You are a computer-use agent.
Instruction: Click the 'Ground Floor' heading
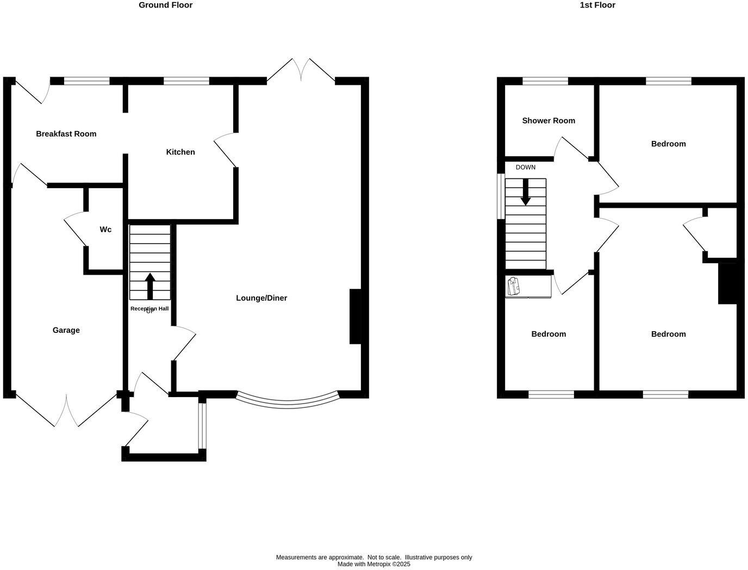(x=165, y=5)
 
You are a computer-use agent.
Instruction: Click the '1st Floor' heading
(x=597, y=5)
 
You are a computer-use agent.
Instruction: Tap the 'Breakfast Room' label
(x=66, y=134)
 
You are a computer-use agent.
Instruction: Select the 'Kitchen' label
(x=180, y=152)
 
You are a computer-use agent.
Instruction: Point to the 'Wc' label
(x=105, y=230)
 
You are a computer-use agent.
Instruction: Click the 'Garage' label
(x=66, y=330)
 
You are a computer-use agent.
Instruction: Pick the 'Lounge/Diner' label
(x=261, y=298)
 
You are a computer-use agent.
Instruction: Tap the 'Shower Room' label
(x=548, y=121)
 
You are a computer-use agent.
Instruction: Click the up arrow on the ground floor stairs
(x=150, y=286)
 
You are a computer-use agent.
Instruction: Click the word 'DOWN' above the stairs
(x=526, y=168)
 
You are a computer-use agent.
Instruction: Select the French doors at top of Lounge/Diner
(x=301, y=70)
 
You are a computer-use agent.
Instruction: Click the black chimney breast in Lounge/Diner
(x=355, y=317)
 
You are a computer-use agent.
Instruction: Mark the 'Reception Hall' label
(x=149, y=309)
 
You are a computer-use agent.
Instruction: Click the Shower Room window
(x=545, y=82)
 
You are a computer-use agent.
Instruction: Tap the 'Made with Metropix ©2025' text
(x=374, y=565)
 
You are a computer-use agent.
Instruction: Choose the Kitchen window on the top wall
(x=186, y=82)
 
